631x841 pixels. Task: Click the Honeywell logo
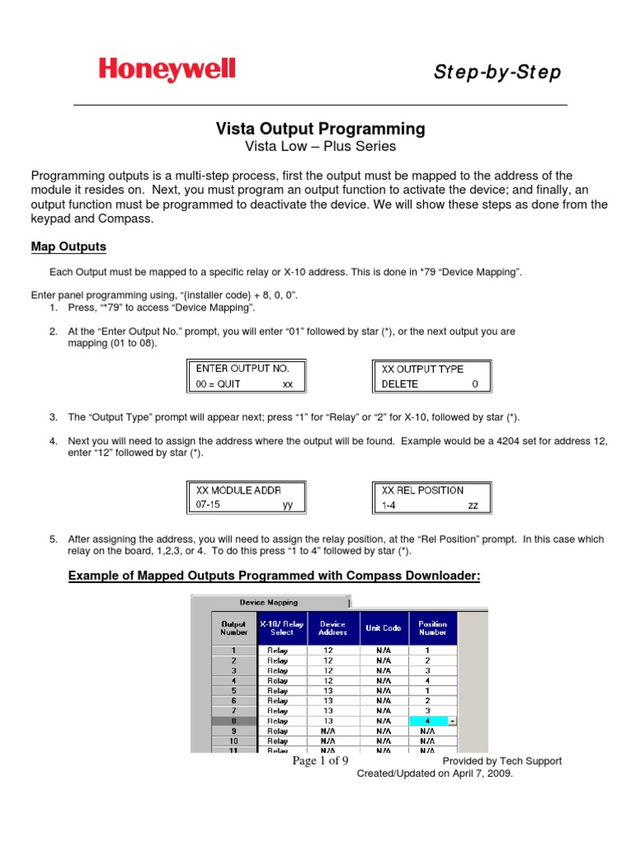(x=167, y=70)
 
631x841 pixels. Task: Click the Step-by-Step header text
(x=497, y=73)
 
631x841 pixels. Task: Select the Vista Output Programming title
(x=320, y=129)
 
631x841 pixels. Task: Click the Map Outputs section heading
(x=68, y=247)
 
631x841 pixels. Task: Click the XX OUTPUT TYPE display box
(x=431, y=376)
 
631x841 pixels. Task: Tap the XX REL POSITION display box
(x=431, y=498)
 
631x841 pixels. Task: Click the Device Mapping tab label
(x=269, y=602)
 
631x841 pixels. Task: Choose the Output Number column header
(x=233, y=627)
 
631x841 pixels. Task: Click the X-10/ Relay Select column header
(x=281, y=627)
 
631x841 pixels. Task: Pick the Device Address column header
(x=333, y=627)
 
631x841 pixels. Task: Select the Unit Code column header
(x=383, y=627)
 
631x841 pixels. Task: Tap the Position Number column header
(x=432, y=627)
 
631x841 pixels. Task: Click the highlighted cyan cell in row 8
(x=428, y=720)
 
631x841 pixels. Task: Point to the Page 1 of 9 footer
(x=321, y=761)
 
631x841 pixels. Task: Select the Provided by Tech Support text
(x=502, y=761)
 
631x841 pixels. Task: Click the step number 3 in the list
(x=53, y=417)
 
